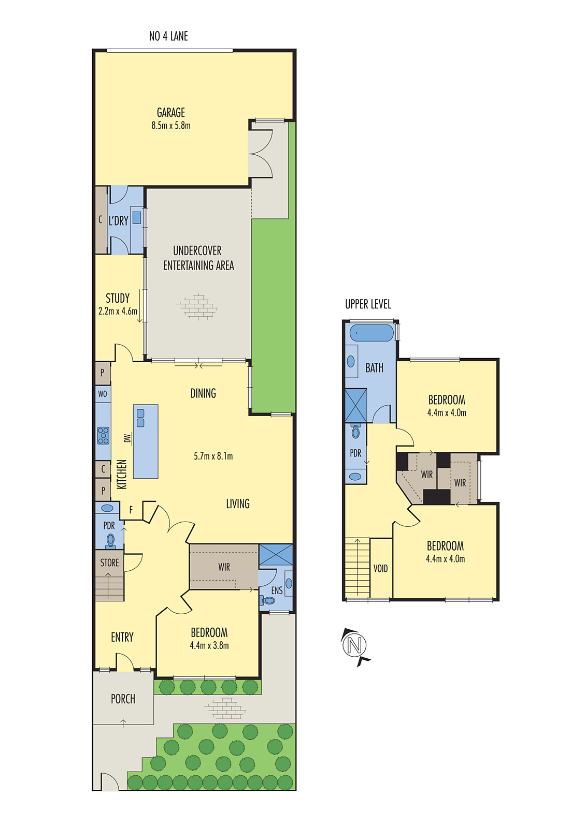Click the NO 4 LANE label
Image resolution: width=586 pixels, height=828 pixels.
pyautogui.click(x=168, y=36)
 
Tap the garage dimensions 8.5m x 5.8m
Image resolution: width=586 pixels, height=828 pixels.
pyautogui.click(x=171, y=126)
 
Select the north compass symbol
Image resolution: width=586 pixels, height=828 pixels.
pyautogui.click(x=354, y=645)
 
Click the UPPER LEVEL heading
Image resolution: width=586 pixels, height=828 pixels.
pyautogui.click(x=368, y=304)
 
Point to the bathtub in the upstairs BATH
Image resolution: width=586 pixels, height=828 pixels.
pyautogui.click(x=371, y=333)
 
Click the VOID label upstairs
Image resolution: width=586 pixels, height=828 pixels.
pyautogui.click(x=380, y=569)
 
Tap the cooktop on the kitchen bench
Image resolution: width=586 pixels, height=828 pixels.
pyautogui.click(x=103, y=435)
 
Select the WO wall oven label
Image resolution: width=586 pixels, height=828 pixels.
pyautogui.click(x=103, y=394)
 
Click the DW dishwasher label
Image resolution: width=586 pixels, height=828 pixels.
pyautogui.click(x=127, y=438)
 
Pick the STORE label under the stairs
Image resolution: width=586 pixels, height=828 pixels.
pyautogui.click(x=109, y=563)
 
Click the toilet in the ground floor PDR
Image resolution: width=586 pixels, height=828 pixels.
pyautogui.click(x=110, y=541)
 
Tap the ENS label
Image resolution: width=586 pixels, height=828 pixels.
pyautogui.click(x=277, y=590)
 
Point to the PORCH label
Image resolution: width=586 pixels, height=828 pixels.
pyautogui.click(x=123, y=699)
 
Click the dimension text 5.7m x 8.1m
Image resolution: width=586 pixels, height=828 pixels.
pyautogui.click(x=213, y=456)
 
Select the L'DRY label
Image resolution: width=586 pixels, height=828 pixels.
pyautogui.click(x=118, y=221)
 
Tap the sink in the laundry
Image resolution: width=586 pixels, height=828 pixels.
pyautogui.click(x=137, y=217)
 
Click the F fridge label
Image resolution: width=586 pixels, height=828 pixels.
pyautogui.click(x=131, y=510)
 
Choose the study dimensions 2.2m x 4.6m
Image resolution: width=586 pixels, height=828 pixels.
pyautogui.click(x=118, y=312)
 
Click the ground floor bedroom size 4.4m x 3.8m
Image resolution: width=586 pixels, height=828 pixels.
pyautogui.click(x=209, y=646)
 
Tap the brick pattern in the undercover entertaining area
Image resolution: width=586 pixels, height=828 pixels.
pyautogui.click(x=197, y=307)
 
